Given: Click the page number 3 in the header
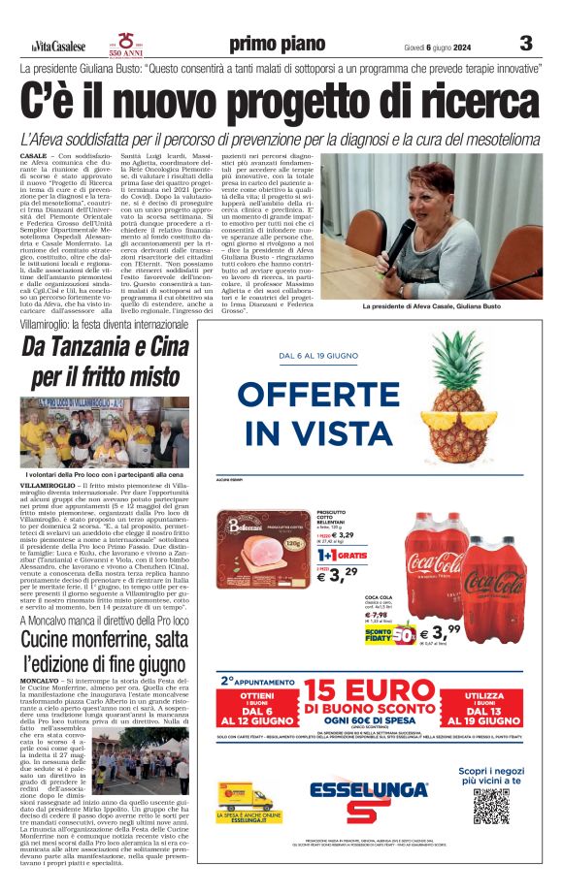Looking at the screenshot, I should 526,43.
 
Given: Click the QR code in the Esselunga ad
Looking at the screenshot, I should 492,807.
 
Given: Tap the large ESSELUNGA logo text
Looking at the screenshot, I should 368,789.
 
